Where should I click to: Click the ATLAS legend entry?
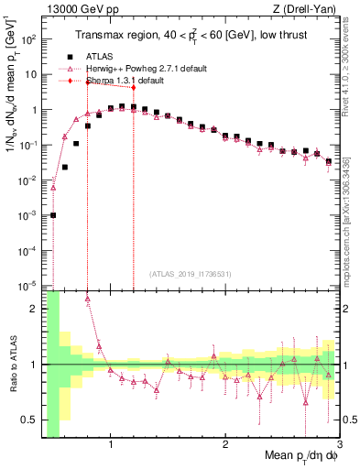coord(112,56)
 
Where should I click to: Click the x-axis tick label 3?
coord(339,446)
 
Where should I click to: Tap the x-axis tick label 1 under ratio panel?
coord(111,446)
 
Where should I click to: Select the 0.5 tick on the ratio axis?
coord(30,420)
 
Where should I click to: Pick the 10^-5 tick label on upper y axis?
coord(29,285)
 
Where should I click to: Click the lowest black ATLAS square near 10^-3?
coord(53,215)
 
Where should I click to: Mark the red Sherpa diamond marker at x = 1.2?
coord(134,88)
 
